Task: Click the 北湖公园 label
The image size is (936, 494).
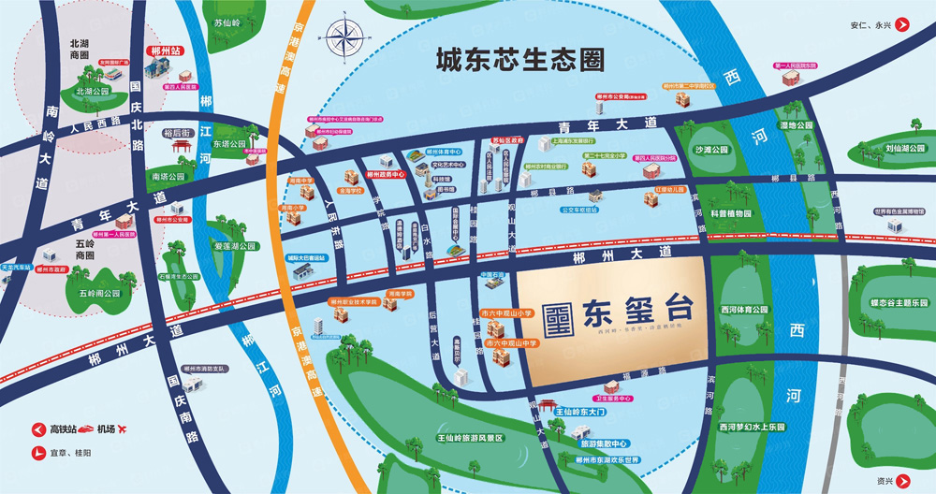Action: tap(92, 92)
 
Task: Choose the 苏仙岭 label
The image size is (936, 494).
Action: tap(227, 22)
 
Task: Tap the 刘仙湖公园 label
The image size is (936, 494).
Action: tap(905, 148)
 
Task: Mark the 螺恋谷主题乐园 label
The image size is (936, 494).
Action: tap(899, 303)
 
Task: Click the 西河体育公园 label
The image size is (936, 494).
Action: tap(744, 309)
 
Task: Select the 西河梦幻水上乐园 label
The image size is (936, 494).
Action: tap(752, 427)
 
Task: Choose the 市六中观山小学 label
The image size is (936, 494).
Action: tap(505, 314)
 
